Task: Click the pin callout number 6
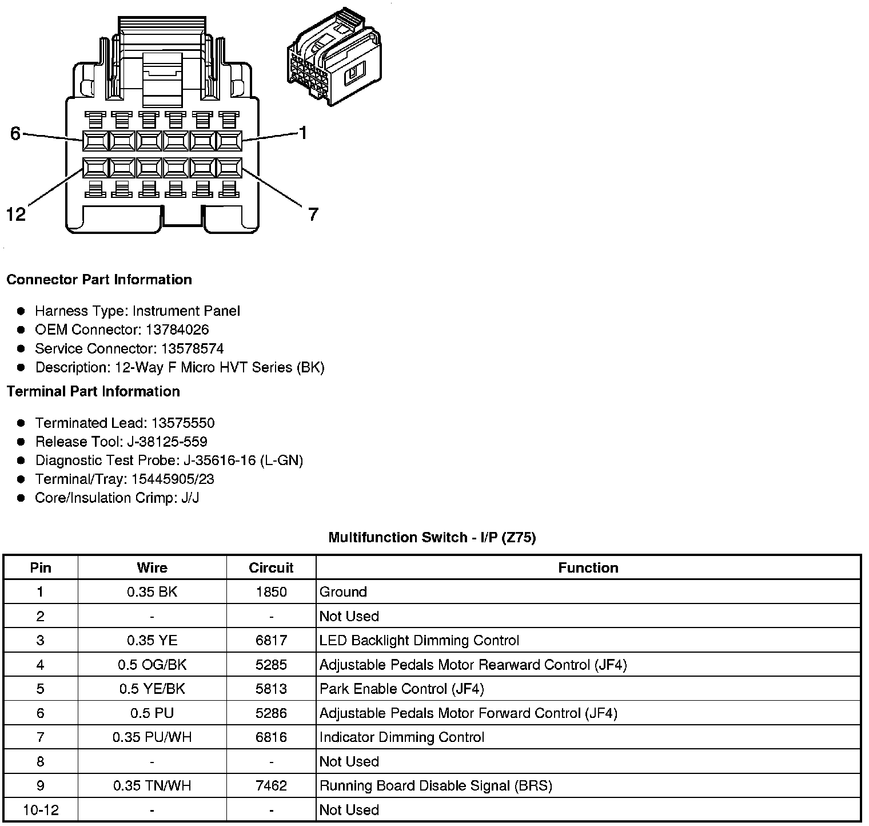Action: point(15,133)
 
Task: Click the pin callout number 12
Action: point(16,215)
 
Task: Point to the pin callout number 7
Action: point(313,215)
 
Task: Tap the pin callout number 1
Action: point(303,133)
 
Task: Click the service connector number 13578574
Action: point(192,349)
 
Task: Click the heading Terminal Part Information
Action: point(93,391)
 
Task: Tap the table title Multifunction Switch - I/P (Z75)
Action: point(432,537)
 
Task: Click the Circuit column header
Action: point(271,567)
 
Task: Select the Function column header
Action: point(588,567)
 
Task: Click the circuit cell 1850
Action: point(271,592)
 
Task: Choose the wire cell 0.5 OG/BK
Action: point(152,665)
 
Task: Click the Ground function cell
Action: point(343,592)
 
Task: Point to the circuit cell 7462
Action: point(271,785)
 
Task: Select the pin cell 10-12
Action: point(41,810)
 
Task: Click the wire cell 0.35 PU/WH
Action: point(152,737)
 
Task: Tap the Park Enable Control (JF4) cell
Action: point(401,689)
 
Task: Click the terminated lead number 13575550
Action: point(183,423)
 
